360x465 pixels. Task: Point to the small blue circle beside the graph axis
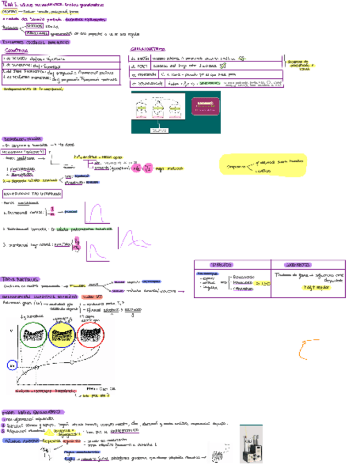click(13, 365)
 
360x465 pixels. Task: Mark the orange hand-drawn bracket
click(304, 350)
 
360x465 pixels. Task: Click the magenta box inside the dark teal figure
click(205, 107)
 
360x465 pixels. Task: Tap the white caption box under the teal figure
click(160, 129)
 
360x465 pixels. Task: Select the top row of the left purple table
click(61, 58)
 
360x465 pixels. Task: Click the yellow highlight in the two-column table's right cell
click(310, 287)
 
